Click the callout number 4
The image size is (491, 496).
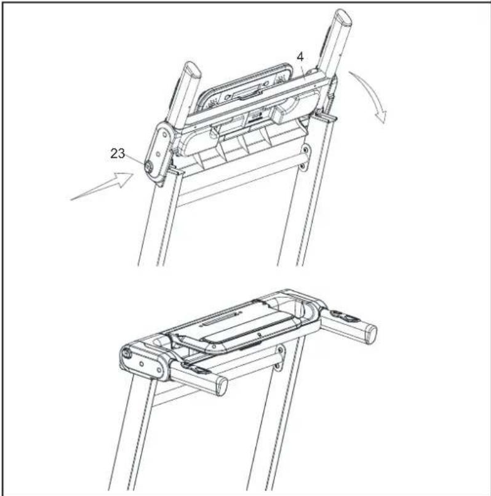coord(300,57)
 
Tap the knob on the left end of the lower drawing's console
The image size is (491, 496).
coord(126,353)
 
